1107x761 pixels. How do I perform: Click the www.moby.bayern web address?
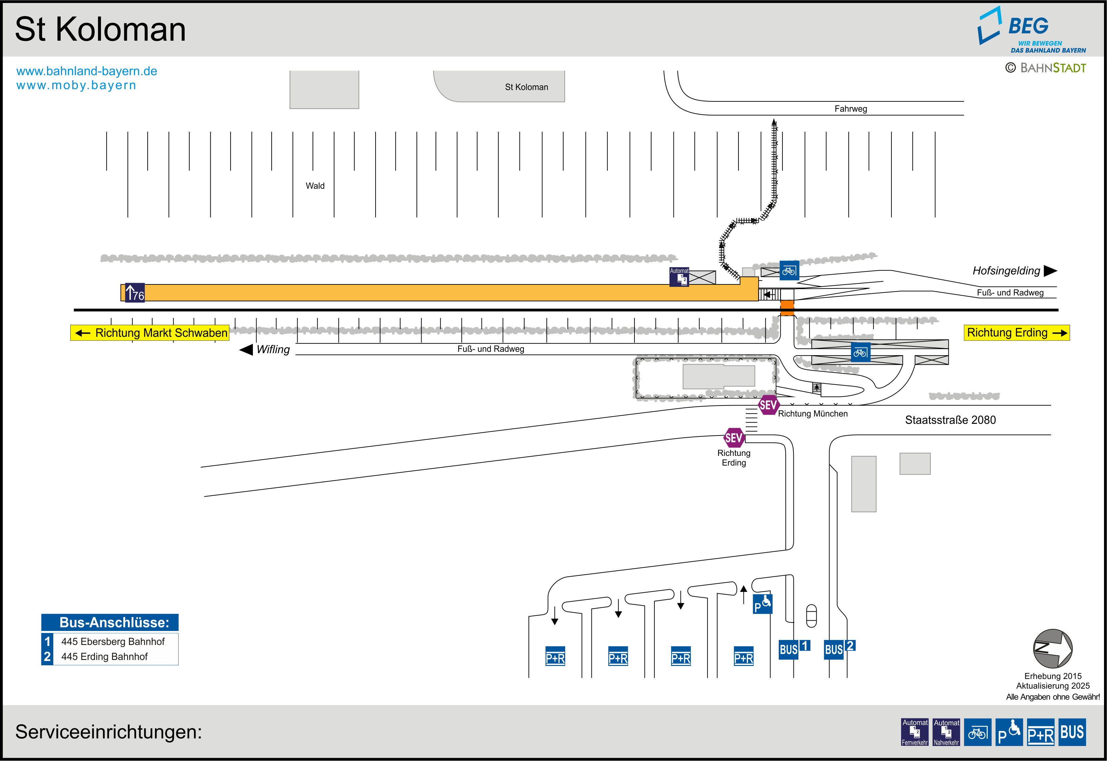coord(76,85)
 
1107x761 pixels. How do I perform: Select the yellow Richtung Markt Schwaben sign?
coord(150,333)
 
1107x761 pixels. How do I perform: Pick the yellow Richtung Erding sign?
coord(1016,333)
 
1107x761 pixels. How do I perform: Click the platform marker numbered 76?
coord(135,292)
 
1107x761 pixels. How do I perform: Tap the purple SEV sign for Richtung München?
coord(768,405)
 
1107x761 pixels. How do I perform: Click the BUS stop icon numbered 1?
coord(794,649)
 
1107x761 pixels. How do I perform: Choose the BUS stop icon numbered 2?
coord(840,649)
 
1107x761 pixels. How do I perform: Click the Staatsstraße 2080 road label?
coord(950,420)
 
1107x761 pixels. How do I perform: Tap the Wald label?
coord(315,186)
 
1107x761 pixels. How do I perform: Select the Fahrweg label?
coord(851,109)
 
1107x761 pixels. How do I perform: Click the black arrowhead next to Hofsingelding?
coord(1050,271)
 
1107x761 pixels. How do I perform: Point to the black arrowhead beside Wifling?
coord(246,349)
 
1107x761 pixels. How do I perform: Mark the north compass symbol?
coord(1053,649)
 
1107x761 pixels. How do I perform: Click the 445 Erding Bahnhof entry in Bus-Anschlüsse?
coord(104,657)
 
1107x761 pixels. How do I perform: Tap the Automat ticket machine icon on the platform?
coord(679,277)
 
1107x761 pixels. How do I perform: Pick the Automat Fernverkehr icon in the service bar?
coord(915,732)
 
